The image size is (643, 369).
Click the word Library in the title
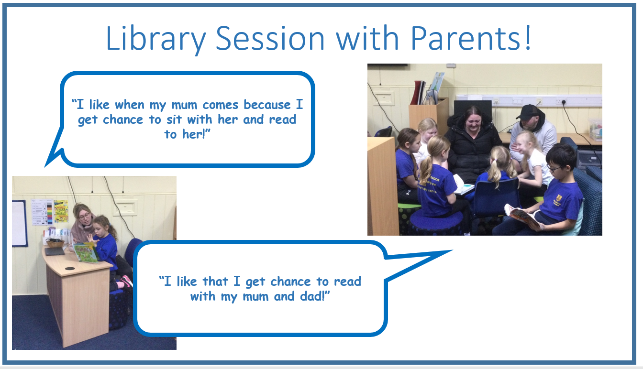[x=156, y=39]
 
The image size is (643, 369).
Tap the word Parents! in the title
[x=471, y=38]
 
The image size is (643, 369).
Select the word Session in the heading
[x=270, y=39]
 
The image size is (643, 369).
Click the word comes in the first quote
[x=221, y=105]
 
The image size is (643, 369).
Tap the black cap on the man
[x=527, y=112]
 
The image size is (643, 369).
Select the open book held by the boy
[x=521, y=216]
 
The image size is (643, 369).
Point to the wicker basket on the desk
[x=55, y=243]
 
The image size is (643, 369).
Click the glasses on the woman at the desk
[x=84, y=217]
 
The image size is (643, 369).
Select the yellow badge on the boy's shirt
[x=559, y=197]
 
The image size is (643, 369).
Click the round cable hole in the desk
[x=70, y=269]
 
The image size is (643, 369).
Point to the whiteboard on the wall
[x=19, y=223]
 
